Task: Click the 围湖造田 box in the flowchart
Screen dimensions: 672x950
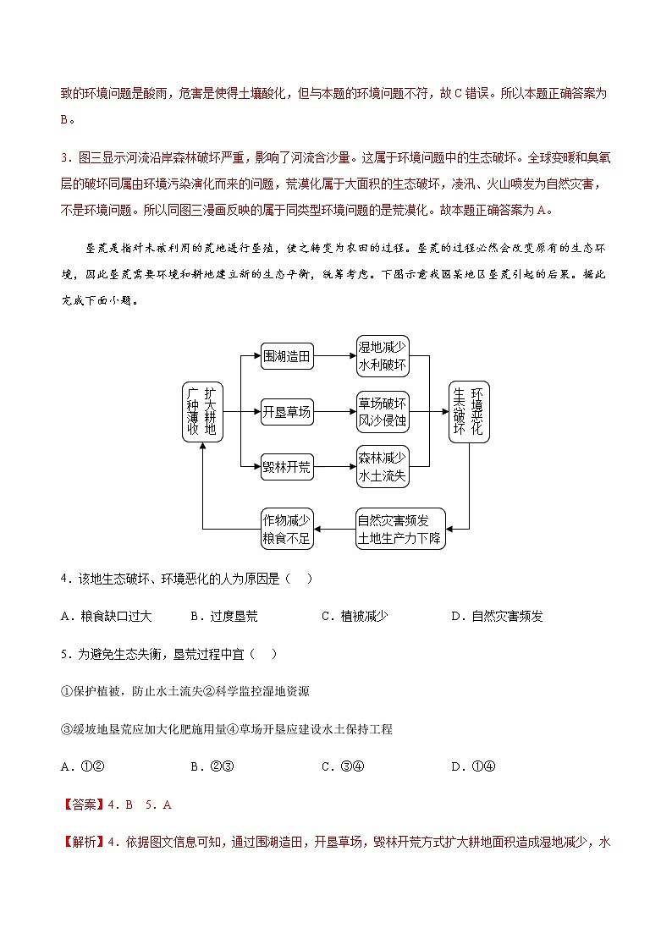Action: coord(287,357)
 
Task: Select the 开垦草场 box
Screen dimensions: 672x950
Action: coord(287,413)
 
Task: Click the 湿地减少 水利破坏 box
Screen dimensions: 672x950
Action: coord(383,356)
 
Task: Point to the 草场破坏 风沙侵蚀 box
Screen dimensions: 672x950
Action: coord(383,412)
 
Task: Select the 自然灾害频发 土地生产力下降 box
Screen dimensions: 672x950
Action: coord(399,530)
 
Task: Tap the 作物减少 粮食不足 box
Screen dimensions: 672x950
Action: coord(287,530)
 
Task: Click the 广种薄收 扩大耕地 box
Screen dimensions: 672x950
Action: coord(202,412)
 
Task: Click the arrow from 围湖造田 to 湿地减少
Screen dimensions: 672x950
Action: coord(335,357)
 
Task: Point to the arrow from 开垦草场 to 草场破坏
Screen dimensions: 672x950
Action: coord(335,413)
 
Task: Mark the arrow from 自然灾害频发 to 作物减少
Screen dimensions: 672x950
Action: coord(333,530)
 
